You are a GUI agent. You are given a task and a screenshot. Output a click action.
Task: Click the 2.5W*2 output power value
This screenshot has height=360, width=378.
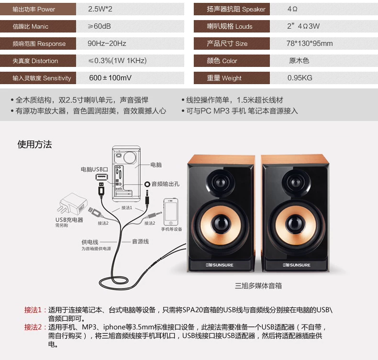coord(100,9)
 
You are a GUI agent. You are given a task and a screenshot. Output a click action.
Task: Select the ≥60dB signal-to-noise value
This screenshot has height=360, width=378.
coord(100,26)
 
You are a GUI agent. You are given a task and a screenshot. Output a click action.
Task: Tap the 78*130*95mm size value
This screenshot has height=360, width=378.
coord(310,44)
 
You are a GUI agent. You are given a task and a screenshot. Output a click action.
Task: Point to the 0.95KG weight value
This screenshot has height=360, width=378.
coord(300,78)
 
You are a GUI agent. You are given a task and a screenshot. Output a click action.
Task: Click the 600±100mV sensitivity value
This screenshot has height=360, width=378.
coord(110,78)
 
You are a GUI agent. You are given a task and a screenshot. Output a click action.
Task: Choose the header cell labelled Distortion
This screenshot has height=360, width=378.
coord(38,61)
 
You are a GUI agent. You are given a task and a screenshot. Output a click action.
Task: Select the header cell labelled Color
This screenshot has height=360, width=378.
coord(232,61)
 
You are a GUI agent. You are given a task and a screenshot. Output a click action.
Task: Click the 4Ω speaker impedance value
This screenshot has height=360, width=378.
coord(292,9)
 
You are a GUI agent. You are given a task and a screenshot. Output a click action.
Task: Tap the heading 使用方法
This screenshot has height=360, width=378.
coord(34,144)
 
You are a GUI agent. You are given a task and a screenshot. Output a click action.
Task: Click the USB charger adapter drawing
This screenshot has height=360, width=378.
coord(72,204)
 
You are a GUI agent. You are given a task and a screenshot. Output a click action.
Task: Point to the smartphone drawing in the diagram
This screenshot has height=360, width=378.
coord(171,212)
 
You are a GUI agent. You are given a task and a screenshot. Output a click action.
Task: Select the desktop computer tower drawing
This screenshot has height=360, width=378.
coord(126,174)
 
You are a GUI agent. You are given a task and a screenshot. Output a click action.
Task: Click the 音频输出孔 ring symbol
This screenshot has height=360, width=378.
coord(147,184)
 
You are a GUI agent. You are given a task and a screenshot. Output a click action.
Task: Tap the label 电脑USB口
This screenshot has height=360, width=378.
coord(94,170)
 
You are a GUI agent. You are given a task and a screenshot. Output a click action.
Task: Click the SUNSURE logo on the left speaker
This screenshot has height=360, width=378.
coord(219,265)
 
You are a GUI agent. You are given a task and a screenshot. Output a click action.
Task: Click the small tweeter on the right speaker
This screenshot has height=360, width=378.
coord(296,182)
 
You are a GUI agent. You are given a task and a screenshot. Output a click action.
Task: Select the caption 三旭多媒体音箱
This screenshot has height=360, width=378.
coord(258,286)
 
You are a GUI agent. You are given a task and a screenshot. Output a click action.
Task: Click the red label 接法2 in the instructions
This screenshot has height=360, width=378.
coord(33,327)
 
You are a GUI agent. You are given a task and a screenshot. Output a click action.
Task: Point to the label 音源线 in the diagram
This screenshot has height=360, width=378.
coord(140,241)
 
